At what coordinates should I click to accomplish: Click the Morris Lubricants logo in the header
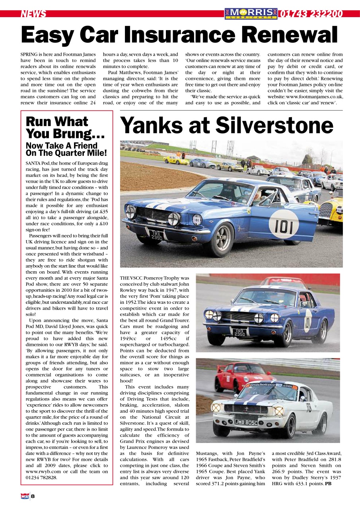251,14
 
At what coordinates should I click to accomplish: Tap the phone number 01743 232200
311,14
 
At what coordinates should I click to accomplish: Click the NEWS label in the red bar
33,14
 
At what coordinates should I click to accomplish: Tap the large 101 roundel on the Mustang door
284,227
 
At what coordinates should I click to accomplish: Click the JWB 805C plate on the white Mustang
246,422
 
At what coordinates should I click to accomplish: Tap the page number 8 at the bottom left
33,496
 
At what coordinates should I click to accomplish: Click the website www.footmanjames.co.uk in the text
314,97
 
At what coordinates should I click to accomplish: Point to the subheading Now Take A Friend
66,149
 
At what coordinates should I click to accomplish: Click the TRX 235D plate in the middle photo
239,332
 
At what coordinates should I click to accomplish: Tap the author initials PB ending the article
328,484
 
